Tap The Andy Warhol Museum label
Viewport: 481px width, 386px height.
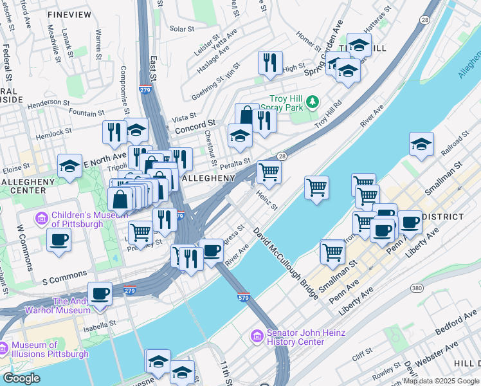[71, 306]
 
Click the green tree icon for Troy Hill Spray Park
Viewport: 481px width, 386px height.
[313, 102]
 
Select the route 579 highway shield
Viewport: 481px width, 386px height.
[248, 297]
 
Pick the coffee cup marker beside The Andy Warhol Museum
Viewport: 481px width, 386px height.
[100, 293]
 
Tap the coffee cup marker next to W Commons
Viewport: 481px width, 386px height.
[59, 239]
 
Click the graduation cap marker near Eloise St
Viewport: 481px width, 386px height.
[69, 166]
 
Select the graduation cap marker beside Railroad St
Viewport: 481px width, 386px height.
[421, 145]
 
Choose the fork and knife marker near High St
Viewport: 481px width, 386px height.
[269, 62]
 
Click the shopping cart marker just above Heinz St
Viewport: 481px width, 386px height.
[269, 172]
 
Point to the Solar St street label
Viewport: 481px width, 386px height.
[182, 29]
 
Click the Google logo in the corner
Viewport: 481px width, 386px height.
[22, 378]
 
